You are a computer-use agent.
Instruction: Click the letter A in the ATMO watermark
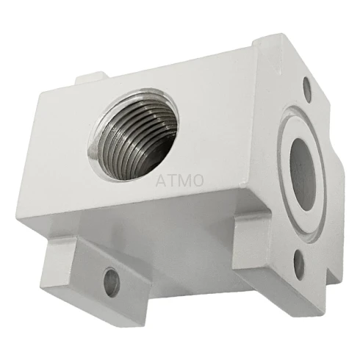[161, 181]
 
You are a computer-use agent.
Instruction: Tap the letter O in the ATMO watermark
[198, 181]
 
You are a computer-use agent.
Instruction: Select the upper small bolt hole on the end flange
[307, 90]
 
